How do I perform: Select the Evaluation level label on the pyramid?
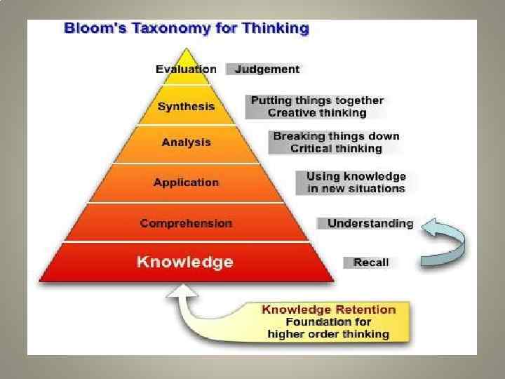click(186, 69)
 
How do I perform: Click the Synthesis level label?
click(186, 107)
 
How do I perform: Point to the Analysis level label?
click(186, 142)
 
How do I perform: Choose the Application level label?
click(186, 182)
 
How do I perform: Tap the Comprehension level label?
click(186, 223)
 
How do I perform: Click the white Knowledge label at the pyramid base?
click(185, 262)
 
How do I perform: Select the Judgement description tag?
click(267, 69)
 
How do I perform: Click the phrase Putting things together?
click(318, 100)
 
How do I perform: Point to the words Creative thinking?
click(318, 113)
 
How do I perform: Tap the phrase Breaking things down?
click(336, 136)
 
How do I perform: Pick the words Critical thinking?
click(336, 149)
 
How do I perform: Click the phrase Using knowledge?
click(356, 175)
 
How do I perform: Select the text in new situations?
click(356, 188)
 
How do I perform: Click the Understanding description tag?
click(370, 223)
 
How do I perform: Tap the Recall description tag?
click(371, 262)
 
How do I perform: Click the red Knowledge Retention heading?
click(328, 310)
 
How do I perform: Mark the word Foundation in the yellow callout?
click(302, 322)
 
